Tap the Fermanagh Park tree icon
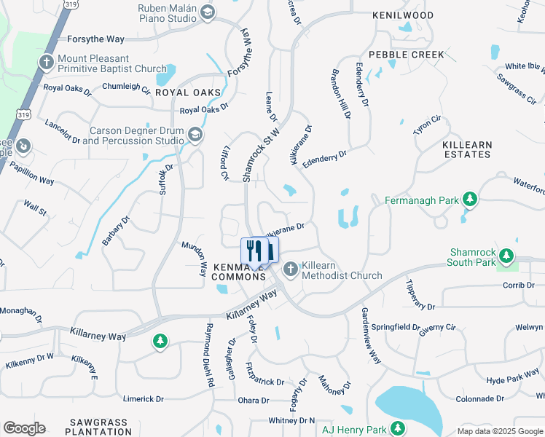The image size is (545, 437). click(471, 199)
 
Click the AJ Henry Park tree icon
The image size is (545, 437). click(398, 428)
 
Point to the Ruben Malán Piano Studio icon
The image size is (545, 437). click(208, 12)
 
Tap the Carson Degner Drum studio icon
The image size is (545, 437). click(195, 135)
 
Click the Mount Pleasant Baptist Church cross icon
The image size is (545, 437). click(47, 63)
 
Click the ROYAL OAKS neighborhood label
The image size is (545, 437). click(188, 92)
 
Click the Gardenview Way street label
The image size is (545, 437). click(371, 334)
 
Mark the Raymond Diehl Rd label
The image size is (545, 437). click(210, 354)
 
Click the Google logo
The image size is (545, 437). click(24, 428)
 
